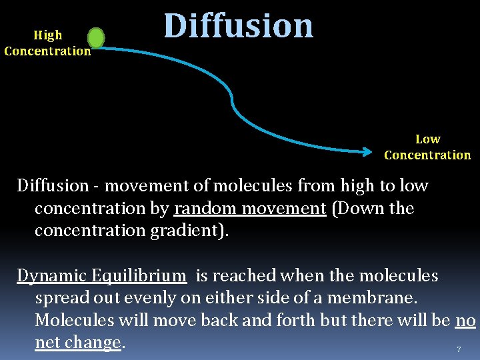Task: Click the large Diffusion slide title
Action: pyautogui.click(x=239, y=26)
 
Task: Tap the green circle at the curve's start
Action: pyautogui.click(x=96, y=38)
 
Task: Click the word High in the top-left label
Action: pyautogui.click(x=47, y=35)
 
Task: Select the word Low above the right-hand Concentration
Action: pyautogui.click(x=427, y=139)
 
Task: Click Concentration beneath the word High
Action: pyautogui.click(x=47, y=51)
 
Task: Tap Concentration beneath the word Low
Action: pyautogui.click(x=427, y=155)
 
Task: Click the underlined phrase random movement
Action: pyautogui.click(x=249, y=209)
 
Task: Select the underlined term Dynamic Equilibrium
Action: pyautogui.click(x=101, y=275)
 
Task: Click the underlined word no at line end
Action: pyautogui.click(x=465, y=320)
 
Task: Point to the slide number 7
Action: pyautogui.click(x=459, y=349)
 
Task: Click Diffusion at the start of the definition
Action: pyautogui.click(x=53, y=186)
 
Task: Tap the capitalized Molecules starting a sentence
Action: pyautogui.click(x=75, y=320)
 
